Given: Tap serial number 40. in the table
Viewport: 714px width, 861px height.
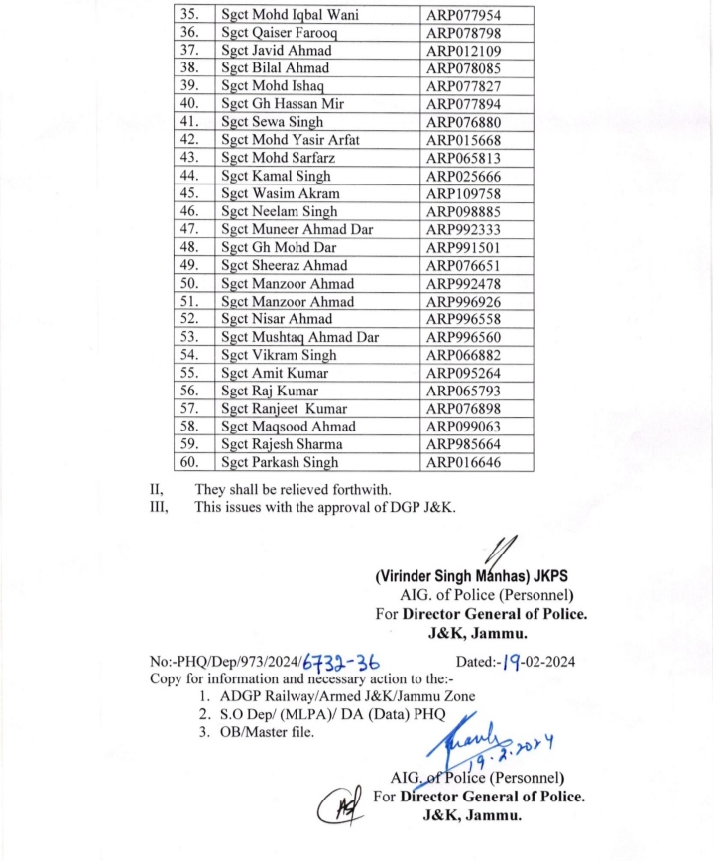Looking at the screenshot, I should click(191, 104).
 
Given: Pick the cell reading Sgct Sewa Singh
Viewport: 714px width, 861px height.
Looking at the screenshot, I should click(265, 122).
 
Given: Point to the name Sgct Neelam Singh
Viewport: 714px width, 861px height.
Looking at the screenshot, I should click(278, 211).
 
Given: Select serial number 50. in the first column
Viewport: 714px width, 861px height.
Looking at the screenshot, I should click(191, 284).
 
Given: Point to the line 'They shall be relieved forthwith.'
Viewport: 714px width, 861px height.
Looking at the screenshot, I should click(293, 489).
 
